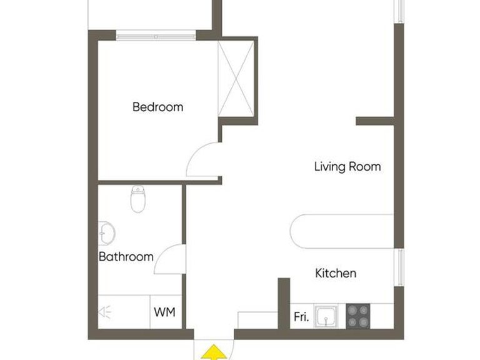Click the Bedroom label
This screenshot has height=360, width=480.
click(158, 107)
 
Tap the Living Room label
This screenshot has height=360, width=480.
click(347, 167)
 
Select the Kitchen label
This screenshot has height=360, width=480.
click(336, 273)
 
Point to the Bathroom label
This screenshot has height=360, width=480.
click(126, 256)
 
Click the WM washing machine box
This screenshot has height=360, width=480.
click(165, 311)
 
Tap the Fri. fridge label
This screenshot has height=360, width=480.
click(301, 317)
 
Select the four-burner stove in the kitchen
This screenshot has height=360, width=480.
click(359, 316)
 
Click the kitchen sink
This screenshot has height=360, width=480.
click(326, 317)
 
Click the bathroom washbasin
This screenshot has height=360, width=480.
click(106, 233)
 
